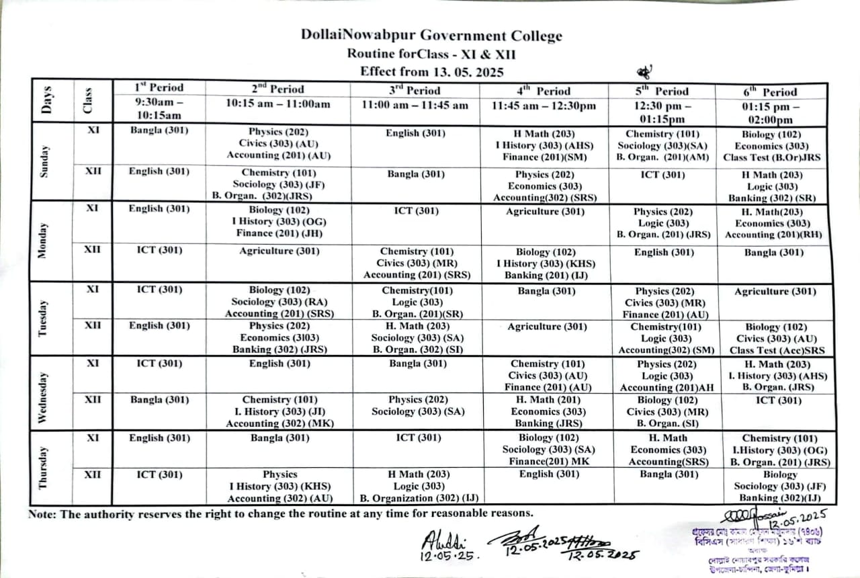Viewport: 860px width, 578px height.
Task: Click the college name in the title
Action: coord(431,36)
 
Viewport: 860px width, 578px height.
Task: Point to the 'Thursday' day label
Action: coord(44,466)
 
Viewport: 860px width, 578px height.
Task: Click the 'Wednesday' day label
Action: coord(44,393)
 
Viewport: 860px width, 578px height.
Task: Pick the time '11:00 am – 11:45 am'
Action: coord(415,105)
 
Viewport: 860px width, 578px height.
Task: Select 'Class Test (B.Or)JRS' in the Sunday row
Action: coord(771,158)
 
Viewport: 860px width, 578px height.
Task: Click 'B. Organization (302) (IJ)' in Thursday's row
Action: coord(419,498)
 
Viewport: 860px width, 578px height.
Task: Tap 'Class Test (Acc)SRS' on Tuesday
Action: coord(776,350)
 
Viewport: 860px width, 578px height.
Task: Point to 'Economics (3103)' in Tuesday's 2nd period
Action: coord(279,338)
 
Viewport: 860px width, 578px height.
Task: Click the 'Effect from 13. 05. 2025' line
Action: coord(431,71)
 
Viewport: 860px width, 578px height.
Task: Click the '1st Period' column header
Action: coord(159,87)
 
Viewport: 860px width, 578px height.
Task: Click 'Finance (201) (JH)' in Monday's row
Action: coord(279,233)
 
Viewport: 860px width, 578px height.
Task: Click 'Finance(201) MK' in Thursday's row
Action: coord(544,461)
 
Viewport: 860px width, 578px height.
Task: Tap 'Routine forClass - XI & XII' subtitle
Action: coord(431,54)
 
